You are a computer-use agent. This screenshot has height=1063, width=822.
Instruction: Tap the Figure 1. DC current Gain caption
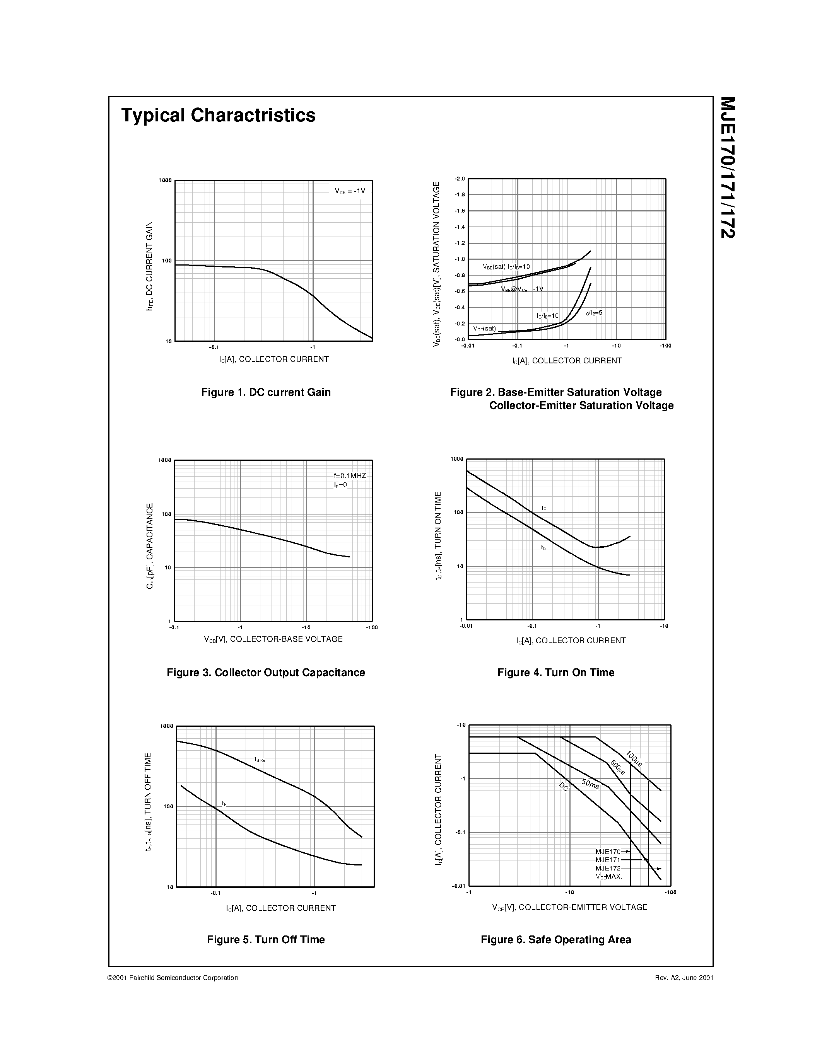pyautogui.click(x=266, y=392)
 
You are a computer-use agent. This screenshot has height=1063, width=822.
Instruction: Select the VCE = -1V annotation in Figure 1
pyautogui.click(x=350, y=191)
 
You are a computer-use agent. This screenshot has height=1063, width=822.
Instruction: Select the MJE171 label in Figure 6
pyautogui.click(x=608, y=860)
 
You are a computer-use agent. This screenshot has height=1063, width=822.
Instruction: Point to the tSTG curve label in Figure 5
pyautogui.click(x=259, y=759)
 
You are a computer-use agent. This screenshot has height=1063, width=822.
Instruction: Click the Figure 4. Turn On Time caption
pyautogui.click(x=555, y=673)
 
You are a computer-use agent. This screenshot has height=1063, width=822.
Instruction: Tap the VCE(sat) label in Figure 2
pyautogui.click(x=485, y=329)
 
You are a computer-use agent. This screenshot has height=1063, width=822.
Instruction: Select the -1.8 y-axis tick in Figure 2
pyautogui.click(x=459, y=195)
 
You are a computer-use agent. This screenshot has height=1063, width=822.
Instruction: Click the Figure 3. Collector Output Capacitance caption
pyautogui.click(x=266, y=673)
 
